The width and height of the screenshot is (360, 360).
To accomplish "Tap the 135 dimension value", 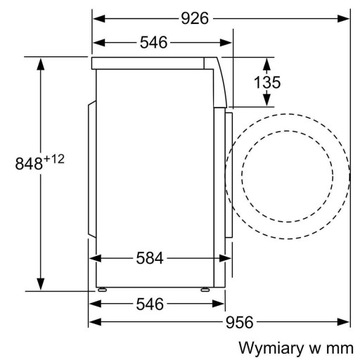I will (x=265, y=83).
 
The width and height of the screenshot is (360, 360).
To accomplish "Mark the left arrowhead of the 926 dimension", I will (x=94, y=17).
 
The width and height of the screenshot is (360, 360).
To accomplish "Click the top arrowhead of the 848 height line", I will (x=39, y=61).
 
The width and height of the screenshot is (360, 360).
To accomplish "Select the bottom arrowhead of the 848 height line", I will (x=39, y=284).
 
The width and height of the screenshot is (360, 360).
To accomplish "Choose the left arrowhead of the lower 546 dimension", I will (x=94, y=301).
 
